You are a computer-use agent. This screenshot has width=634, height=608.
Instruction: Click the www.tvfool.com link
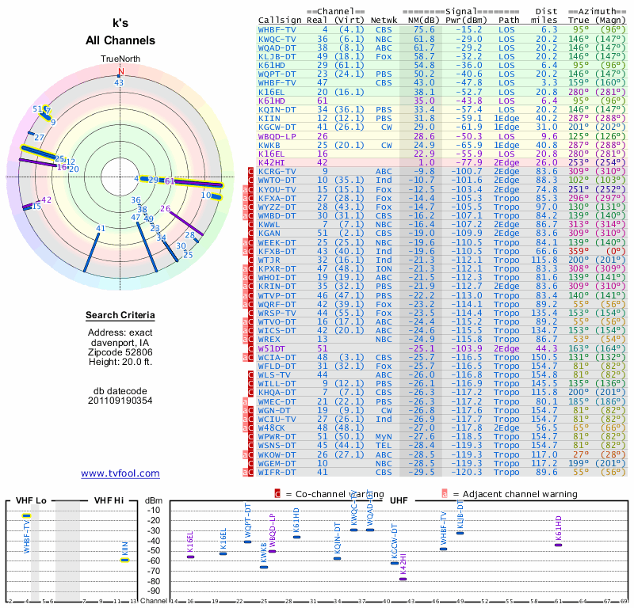120,473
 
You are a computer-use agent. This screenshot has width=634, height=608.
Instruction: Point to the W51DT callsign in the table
271,348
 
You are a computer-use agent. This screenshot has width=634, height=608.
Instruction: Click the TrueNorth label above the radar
120,59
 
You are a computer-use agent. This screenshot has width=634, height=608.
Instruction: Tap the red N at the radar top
120,70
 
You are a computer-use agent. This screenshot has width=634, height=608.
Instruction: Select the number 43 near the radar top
119,82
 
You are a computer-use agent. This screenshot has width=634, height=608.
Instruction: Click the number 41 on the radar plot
101,229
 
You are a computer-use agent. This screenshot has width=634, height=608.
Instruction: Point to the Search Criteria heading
120,316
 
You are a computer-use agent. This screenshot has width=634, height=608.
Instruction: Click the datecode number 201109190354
120,401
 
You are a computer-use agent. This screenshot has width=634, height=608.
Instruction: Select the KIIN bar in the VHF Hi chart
124,560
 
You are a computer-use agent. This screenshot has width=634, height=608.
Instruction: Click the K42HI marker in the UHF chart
403,579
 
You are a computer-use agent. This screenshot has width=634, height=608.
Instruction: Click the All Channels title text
122,40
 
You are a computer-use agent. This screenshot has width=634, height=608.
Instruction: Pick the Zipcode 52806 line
120,351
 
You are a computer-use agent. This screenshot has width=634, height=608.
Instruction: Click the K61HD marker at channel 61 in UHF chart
558,545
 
